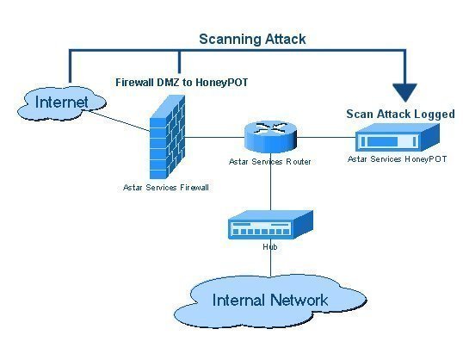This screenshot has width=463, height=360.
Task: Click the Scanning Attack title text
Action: pos(252,40)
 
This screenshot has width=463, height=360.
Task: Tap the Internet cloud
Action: pos(61,103)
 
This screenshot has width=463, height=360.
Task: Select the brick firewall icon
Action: pos(167,137)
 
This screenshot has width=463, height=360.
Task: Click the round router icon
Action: pos(270,137)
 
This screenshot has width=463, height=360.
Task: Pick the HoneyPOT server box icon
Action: pos(398,137)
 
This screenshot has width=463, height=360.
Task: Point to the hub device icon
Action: pos(270,225)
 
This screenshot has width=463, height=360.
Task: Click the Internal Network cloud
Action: pos(270,301)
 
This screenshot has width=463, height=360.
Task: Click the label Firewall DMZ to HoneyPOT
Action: pos(182,83)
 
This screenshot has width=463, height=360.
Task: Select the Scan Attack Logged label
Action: pos(400,114)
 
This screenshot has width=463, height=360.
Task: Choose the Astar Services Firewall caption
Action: pos(166,188)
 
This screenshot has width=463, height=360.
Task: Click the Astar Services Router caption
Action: pos(270,162)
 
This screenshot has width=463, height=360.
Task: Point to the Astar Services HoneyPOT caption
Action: pos(397,159)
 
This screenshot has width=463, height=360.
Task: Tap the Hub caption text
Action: pos(270,247)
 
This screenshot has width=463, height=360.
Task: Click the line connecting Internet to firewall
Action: pos(120,121)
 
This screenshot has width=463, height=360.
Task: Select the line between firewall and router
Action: pos(215,137)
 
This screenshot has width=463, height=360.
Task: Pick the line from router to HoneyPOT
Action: pos(326,137)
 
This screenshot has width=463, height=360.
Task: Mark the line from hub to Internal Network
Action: pos(270,258)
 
